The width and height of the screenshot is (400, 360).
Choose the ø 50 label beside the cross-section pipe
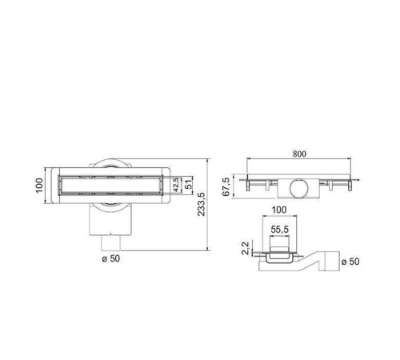(350, 262)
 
